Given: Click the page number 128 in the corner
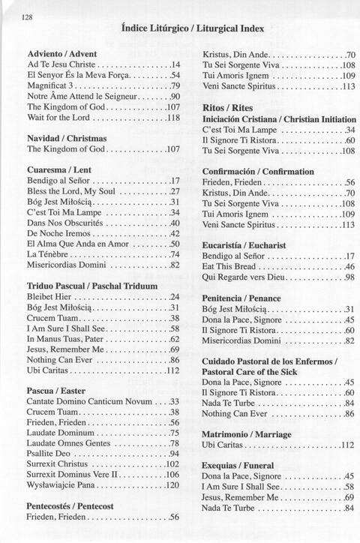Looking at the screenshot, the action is [x=28, y=17].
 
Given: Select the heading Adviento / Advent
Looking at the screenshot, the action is [x=62, y=55].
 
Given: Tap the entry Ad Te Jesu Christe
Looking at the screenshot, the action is [x=61, y=65].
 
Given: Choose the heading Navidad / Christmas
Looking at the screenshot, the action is [x=66, y=139].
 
